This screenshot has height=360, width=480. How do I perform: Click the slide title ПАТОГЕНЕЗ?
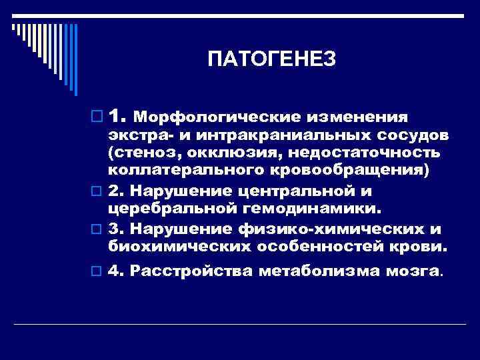click(271, 60)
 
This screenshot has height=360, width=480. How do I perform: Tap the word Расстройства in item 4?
click(192, 271)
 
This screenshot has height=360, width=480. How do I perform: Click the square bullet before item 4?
click(97, 271)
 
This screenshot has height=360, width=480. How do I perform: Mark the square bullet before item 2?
click(97, 193)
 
